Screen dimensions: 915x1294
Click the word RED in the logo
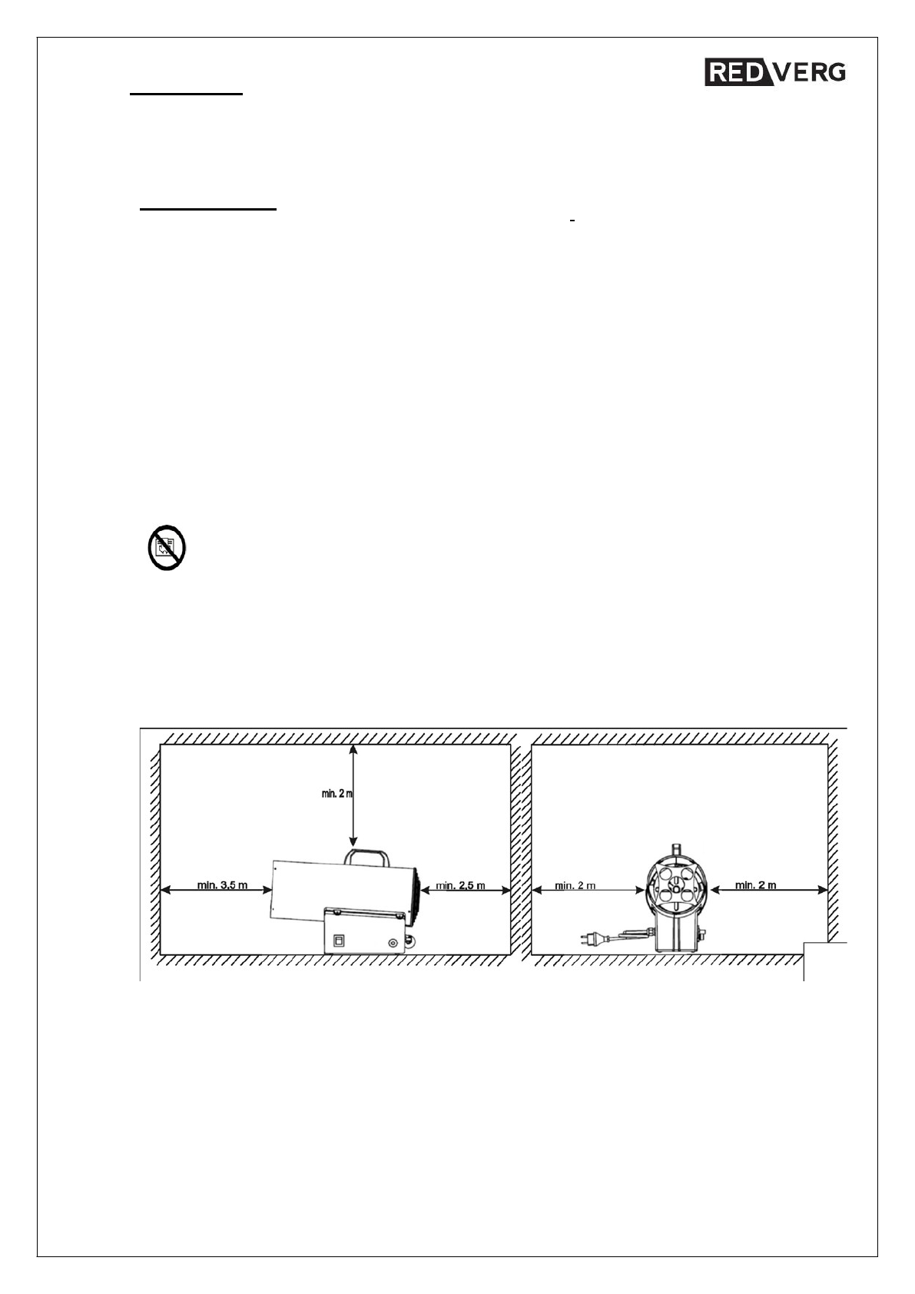pyautogui.click(x=731, y=72)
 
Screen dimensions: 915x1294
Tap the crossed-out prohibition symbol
pyautogui.click(x=167, y=548)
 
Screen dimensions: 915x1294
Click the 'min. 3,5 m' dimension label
pyautogui.click(x=222, y=885)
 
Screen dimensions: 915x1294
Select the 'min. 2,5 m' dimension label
pyautogui.click(x=461, y=885)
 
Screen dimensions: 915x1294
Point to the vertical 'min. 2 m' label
pyautogui.click(x=336, y=794)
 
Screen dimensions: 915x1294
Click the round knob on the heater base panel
pyautogui.click(x=393, y=943)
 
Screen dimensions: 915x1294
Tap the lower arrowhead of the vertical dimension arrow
pyautogui.click(x=353, y=843)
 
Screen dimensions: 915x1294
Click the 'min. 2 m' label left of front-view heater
pyautogui.click(x=575, y=885)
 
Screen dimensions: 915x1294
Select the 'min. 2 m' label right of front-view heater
pyautogui.click(x=755, y=885)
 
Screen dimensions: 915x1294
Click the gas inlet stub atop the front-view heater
pyautogui.click(x=677, y=848)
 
